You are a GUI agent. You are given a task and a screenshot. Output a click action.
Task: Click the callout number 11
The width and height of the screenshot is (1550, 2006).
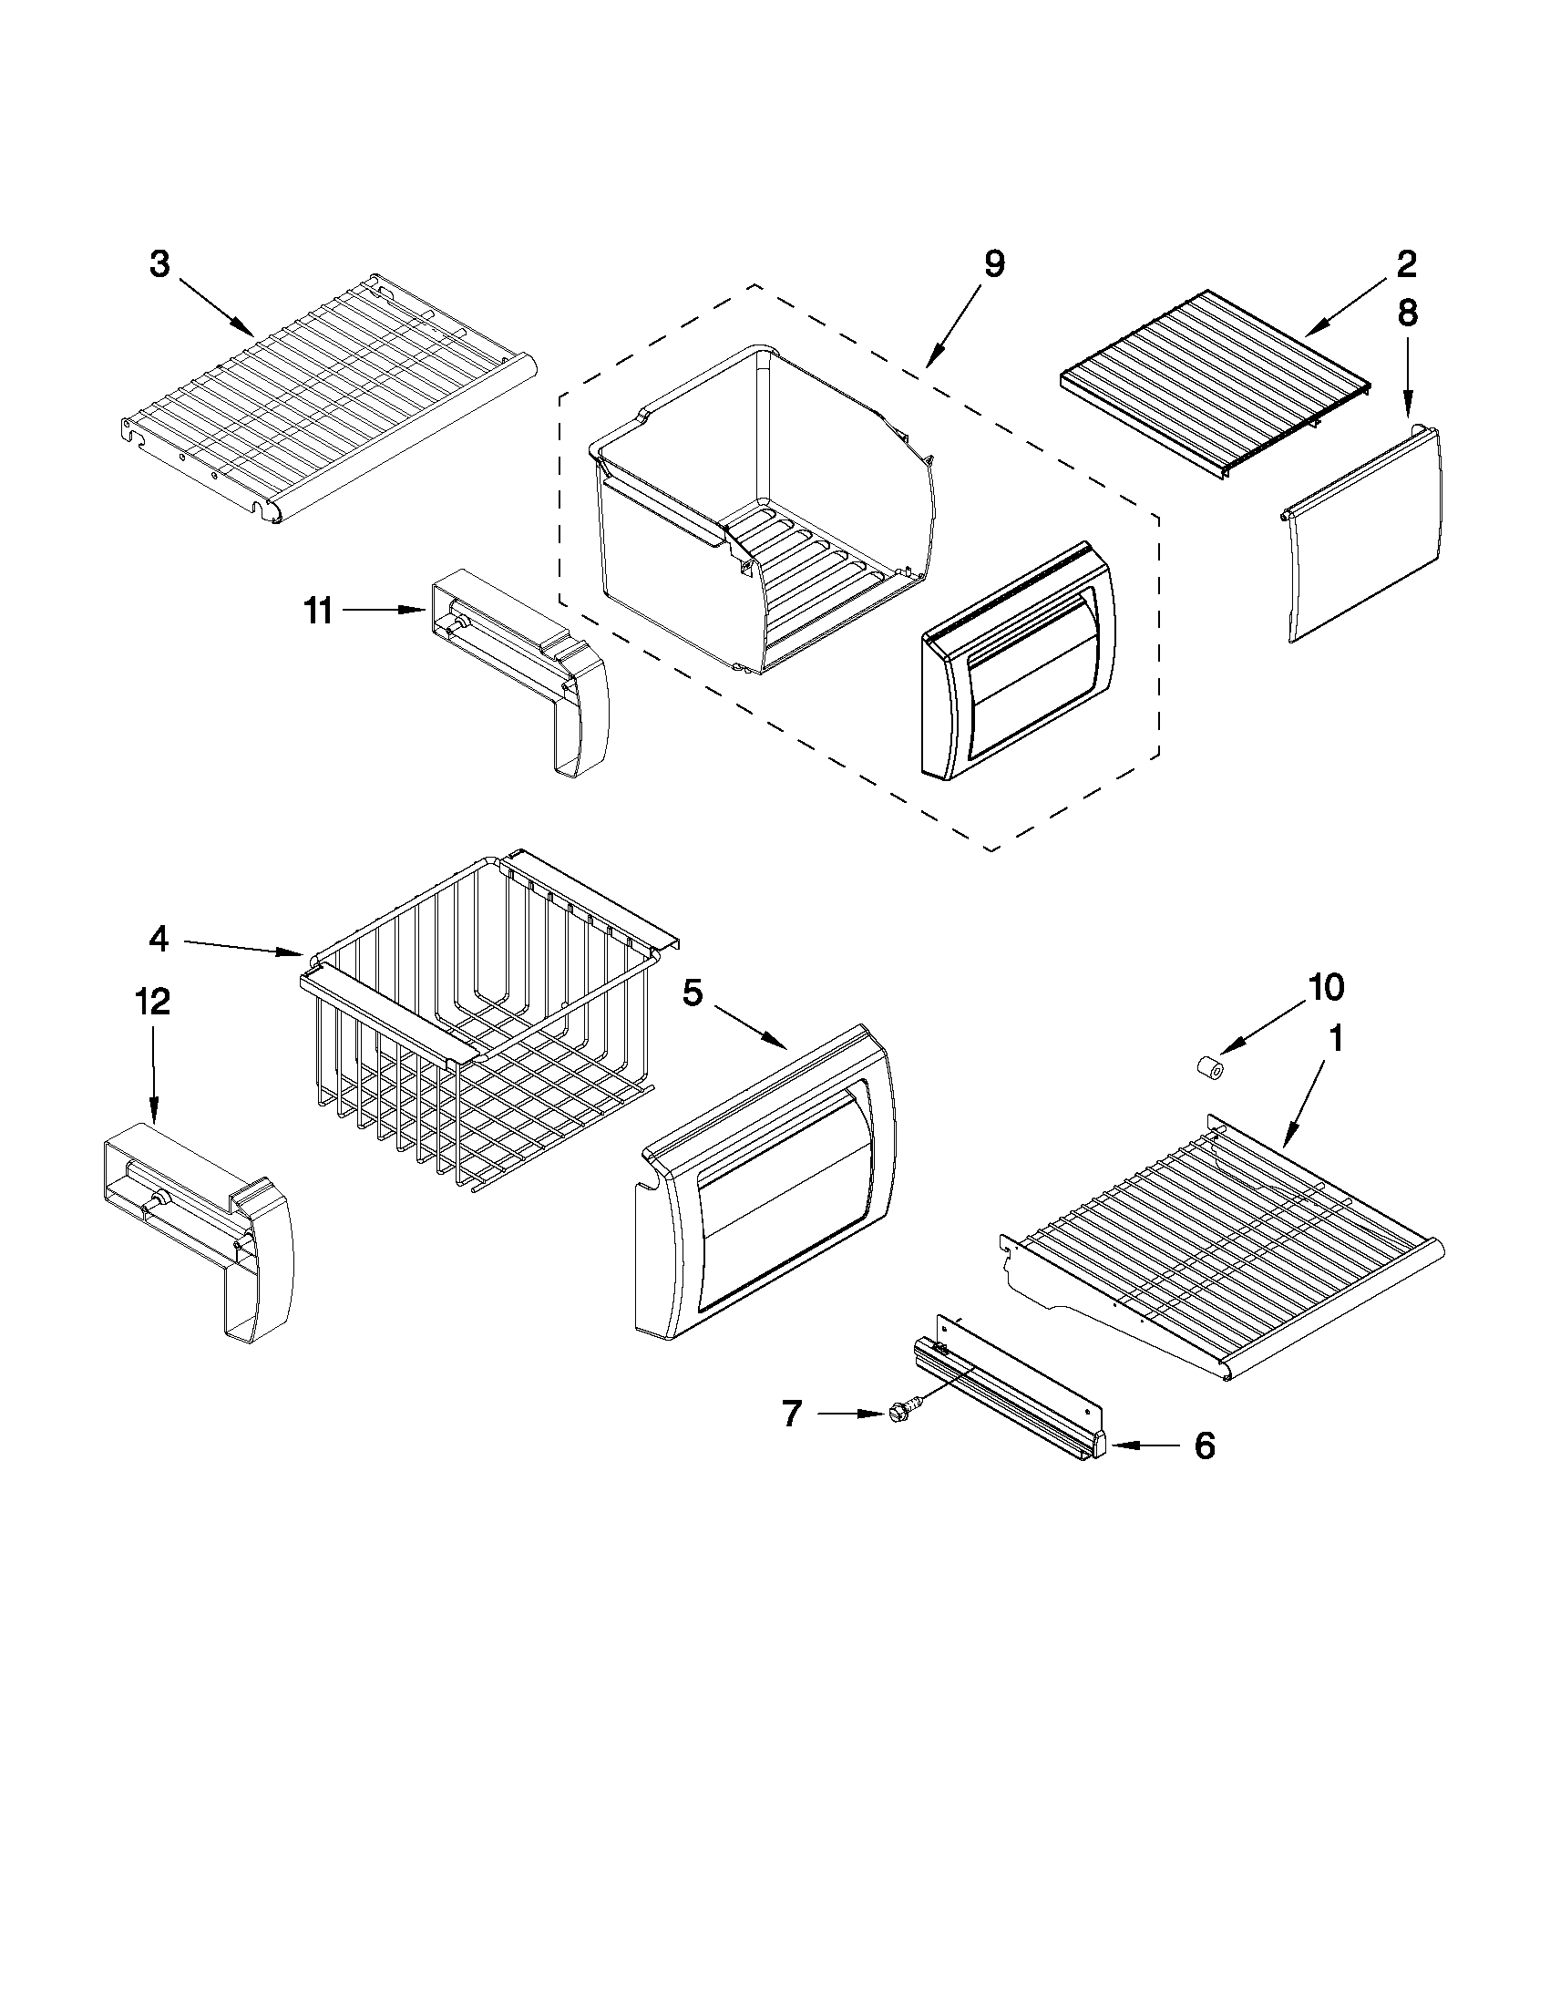pos(319,610)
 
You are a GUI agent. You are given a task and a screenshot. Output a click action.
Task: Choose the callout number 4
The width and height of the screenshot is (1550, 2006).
pos(159,939)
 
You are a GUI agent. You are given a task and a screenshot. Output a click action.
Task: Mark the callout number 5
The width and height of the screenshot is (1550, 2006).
pos(693,993)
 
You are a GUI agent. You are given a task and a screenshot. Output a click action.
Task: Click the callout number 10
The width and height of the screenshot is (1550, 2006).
pos(1326,986)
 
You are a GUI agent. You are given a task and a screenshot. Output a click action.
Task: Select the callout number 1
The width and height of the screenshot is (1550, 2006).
pos(1336,1039)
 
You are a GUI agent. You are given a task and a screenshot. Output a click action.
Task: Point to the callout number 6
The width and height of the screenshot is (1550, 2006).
pos(1204,1445)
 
